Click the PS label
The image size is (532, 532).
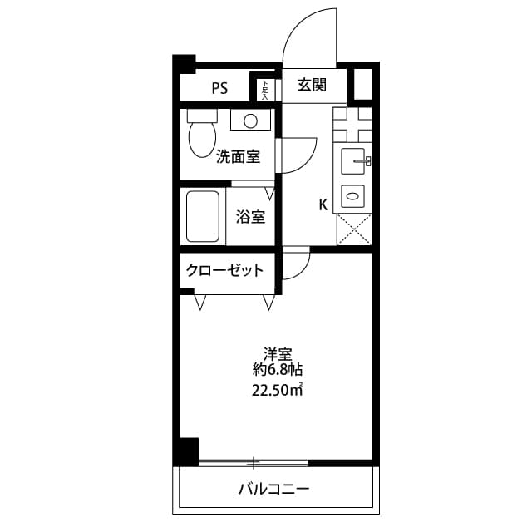click(219, 88)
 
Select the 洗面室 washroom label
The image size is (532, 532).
click(238, 155)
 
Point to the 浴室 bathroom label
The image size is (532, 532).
click(250, 217)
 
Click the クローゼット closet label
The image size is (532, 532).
click(225, 270)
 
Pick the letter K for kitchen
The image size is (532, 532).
click(323, 204)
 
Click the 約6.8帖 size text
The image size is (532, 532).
click(277, 370)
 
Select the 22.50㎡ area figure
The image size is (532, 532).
click(277, 391)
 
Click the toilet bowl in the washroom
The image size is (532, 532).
click(202, 137)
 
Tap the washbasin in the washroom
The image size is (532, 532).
click(249, 121)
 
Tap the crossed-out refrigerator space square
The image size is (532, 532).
click(354, 227)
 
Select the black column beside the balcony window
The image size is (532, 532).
click(187, 451)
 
